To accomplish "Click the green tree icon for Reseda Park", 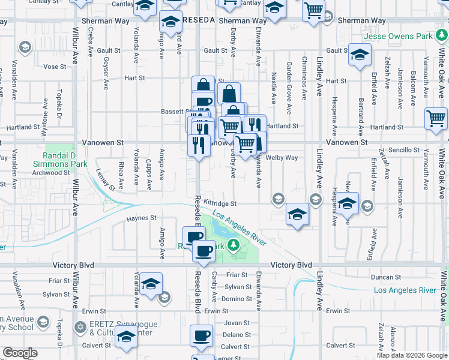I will pos(237,245).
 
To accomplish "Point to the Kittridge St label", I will pos(220,204).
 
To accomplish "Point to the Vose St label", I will pos(54,67).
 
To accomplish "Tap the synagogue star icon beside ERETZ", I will pos(80,327).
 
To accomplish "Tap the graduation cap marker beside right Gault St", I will pos(360,55).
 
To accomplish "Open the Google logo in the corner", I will pos(20,353).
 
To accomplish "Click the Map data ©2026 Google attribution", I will pos(411,355).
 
